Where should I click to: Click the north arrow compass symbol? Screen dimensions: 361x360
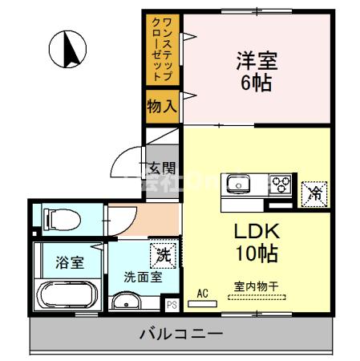(x=67, y=49)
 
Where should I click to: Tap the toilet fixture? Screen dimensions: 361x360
(x=61, y=217)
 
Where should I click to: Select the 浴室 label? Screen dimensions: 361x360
(x=67, y=262)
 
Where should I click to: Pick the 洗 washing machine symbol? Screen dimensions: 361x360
(x=163, y=256)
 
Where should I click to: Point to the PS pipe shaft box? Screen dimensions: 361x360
(x=171, y=305)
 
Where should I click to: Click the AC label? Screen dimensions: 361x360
(x=202, y=294)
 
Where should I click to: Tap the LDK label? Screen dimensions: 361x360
(x=256, y=231)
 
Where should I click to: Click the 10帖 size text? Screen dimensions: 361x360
(x=256, y=254)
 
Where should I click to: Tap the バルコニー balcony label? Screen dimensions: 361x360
(x=183, y=333)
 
